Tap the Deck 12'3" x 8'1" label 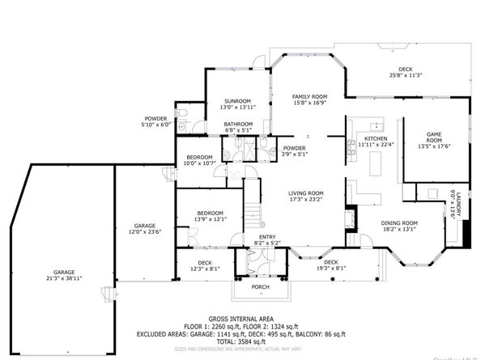[x=205, y=265]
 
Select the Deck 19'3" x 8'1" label [x=330, y=265]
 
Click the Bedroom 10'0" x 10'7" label [x=199, y=159]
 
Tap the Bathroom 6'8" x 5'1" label [x=238, y=126]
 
